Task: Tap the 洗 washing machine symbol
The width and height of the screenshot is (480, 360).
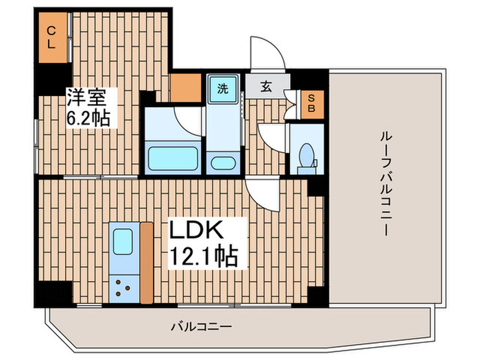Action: [x=222, y=89]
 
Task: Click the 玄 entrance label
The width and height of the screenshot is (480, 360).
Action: [x=266, y=87]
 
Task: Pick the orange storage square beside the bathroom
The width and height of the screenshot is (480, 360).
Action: [x=184, y=88]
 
